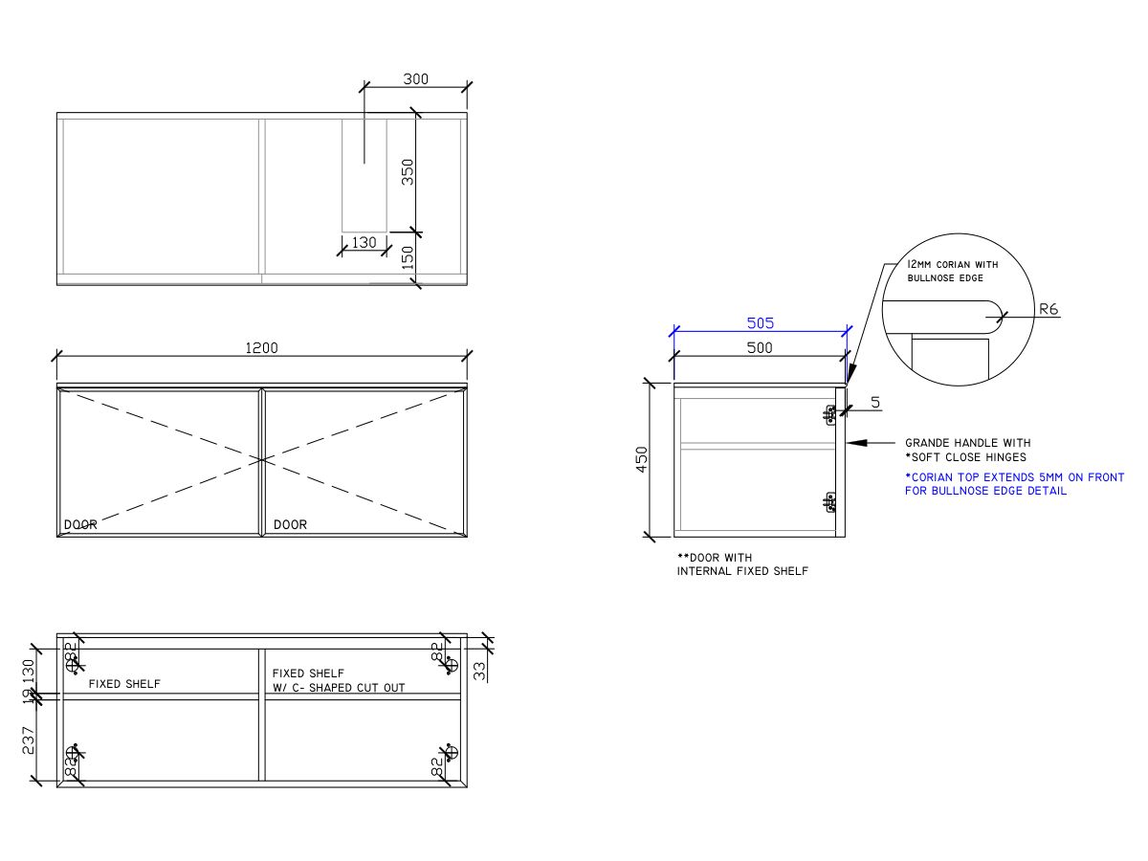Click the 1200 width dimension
[x=261, y=348]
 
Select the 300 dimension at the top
[x=415, y=79]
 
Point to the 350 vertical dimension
[x=408, y=172]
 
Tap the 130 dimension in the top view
[x=364, y=243]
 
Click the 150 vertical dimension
[x=408, y=258]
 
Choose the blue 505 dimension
[x=760, y=323]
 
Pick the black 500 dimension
[x=760, y=348]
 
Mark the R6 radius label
[x=1048, y=309]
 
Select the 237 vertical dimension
[x=30, y=741]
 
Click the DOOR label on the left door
[x=80, y=525]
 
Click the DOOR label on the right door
[x=290, y=525]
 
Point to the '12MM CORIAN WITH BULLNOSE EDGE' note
[x=952, y=271]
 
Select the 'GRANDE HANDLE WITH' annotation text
[x=967, y=443]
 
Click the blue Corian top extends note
[x=1014, y=484]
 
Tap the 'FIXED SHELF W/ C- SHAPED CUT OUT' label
[x=338, y=680]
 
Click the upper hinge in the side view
[x=829, y=413]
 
